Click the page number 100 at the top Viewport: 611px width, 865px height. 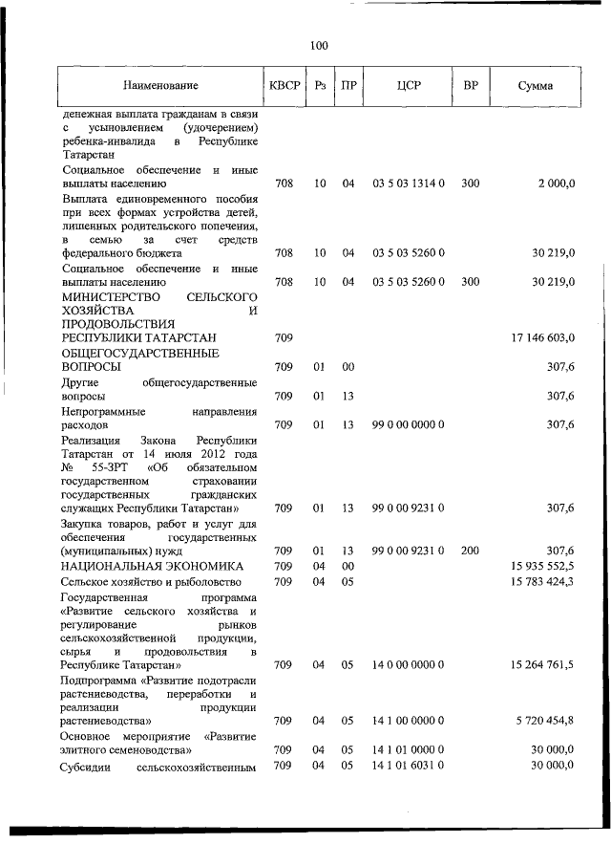(319, 45)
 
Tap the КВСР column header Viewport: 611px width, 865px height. (284, 86)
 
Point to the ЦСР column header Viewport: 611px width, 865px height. (409, 86)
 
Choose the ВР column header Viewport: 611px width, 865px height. (470, 86)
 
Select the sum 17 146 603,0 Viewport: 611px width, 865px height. (542, 338)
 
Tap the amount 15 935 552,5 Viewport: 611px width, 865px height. (542, 566)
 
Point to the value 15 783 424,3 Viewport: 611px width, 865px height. (542, 581)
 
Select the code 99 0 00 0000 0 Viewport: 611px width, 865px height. (409, 424)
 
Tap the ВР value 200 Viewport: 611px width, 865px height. (470, 551)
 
